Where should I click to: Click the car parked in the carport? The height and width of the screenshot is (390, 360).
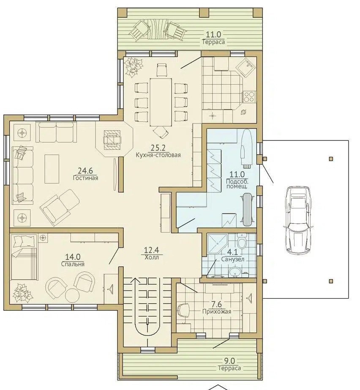[x=297, y=220]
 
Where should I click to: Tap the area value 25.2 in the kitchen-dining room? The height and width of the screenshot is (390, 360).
[x=158, y=148]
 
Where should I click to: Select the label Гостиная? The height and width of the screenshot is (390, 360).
[x=85, y=178]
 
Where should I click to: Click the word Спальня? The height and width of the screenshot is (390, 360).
[x=73, y=264]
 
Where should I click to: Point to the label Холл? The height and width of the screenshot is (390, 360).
[x=152, y=258]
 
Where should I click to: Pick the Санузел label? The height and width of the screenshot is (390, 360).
[x=233, y=259]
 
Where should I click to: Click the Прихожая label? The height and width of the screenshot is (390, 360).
[x=217, y=311]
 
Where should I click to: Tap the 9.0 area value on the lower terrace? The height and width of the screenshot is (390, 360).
[x=229, y=361]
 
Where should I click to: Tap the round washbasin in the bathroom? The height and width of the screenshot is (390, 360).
[x=235, y=272]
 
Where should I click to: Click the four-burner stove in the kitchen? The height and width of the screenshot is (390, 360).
[x=249, y=96]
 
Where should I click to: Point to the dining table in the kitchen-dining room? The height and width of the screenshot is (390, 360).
[x=161, y=102]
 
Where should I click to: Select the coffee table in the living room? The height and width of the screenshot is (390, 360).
[x=52, y=169]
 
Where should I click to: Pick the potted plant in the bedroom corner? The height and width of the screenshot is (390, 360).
[x=23, y=292]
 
